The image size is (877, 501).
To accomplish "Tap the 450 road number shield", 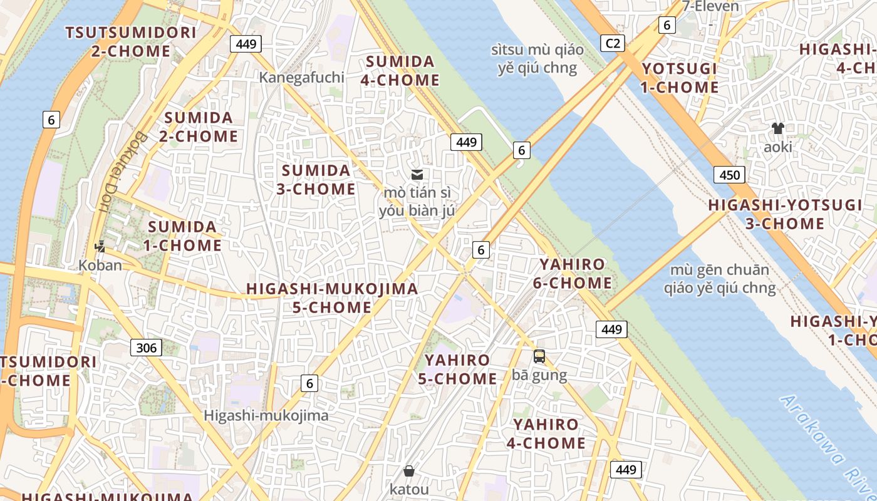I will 729,175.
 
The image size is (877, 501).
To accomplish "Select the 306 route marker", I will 146,348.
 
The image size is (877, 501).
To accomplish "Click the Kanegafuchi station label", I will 302,77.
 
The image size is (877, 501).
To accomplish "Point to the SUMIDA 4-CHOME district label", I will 400,71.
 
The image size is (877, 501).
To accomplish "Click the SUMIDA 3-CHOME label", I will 316,180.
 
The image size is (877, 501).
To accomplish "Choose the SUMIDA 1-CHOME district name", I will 182,236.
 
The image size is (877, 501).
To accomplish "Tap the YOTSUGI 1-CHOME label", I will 679,78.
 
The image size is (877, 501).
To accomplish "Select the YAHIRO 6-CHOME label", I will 572,274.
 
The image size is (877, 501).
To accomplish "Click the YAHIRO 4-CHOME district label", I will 546,434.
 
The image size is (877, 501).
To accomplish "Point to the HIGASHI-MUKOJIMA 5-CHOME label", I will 332,298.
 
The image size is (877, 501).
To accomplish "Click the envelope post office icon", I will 417,175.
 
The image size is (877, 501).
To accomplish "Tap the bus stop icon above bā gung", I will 539,356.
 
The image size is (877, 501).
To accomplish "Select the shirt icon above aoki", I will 778,128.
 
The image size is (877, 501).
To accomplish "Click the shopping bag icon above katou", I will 409,470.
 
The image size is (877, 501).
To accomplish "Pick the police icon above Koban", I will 100,247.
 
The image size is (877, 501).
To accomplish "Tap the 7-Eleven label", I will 710,7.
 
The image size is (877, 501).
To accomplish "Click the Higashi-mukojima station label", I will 266,415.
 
